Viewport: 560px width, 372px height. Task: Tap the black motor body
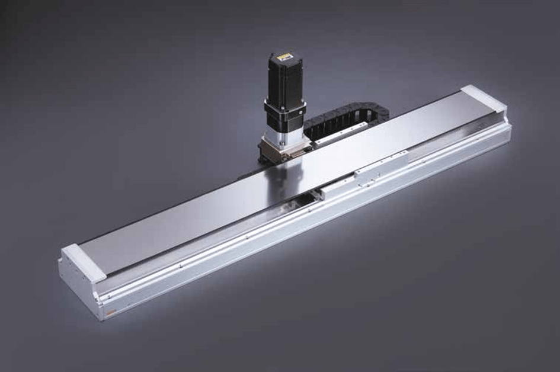[x=284, y=83]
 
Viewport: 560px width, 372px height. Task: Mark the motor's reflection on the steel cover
[x=290, y=178]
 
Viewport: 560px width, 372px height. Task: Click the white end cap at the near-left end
[x=83, y=260]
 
